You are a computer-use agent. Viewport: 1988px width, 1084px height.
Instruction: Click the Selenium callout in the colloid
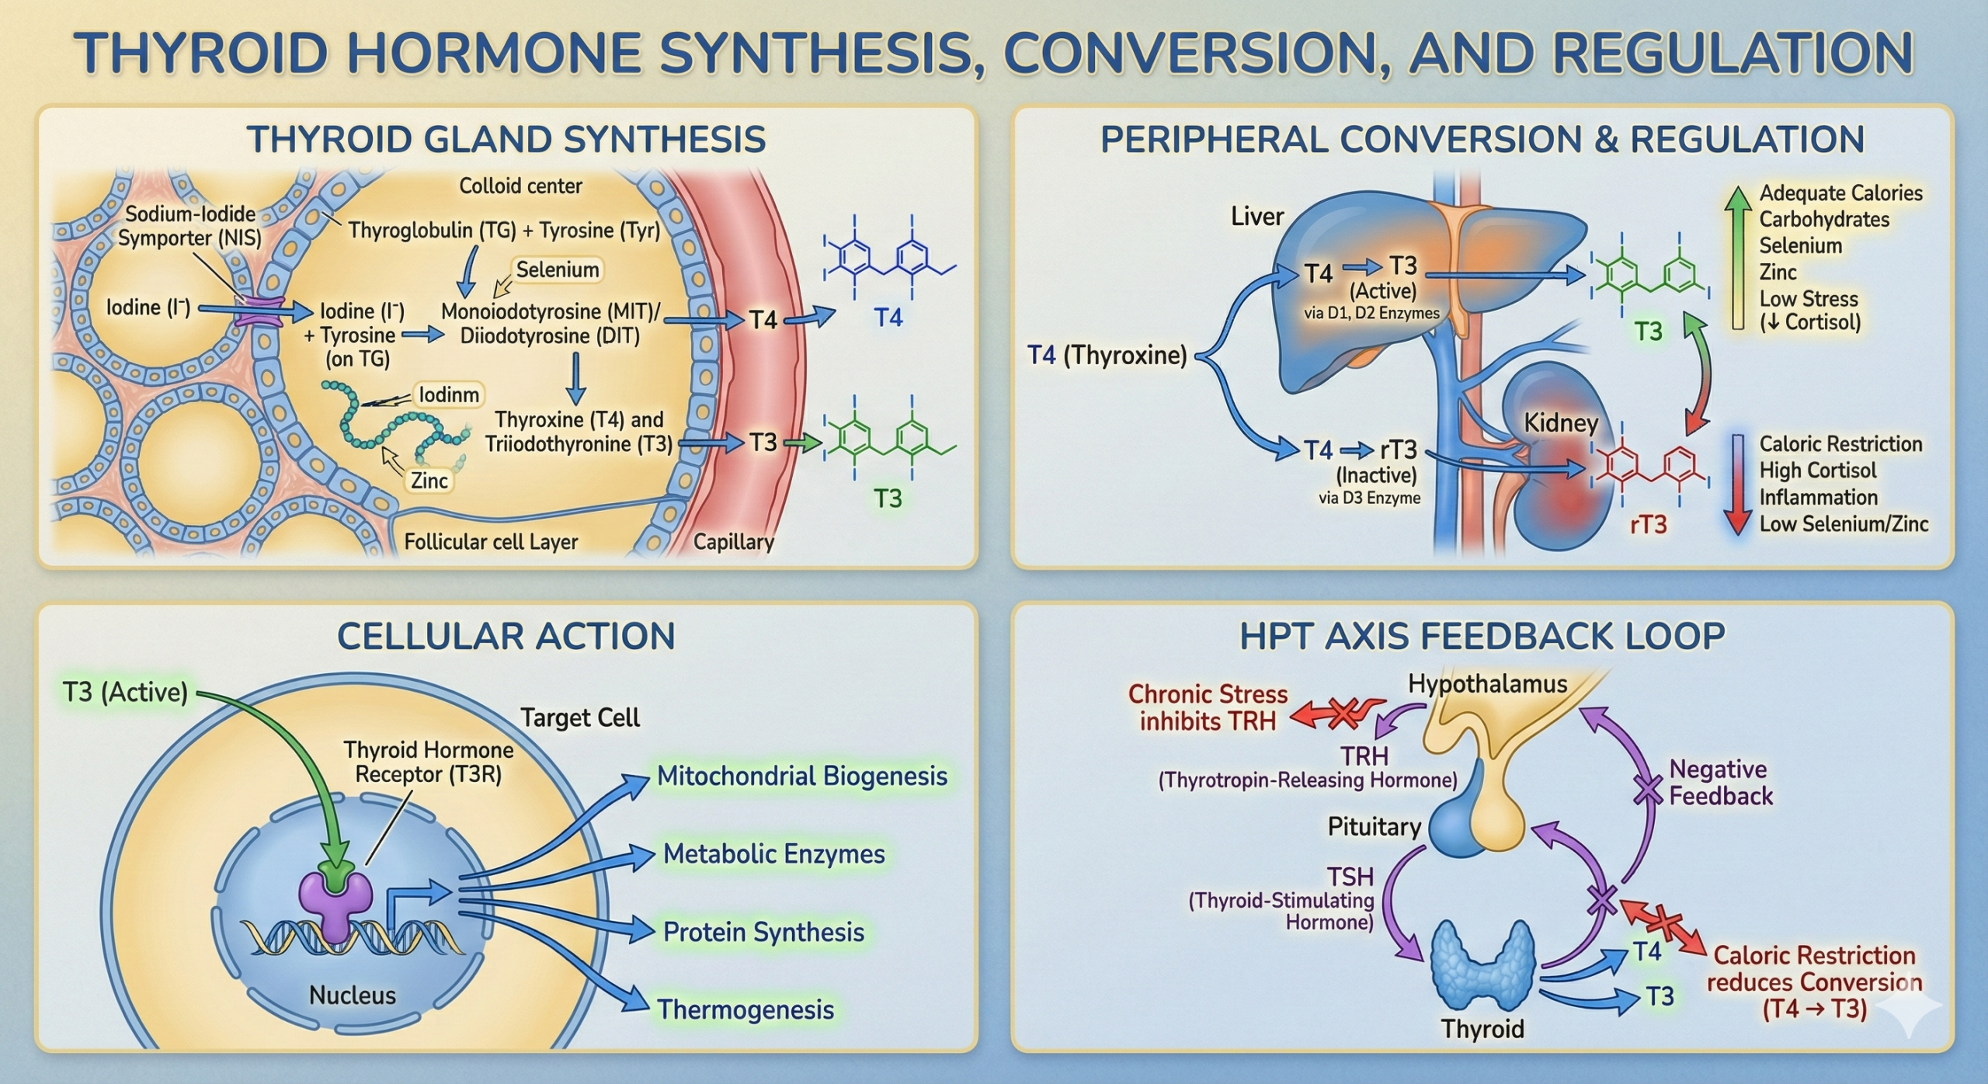pos(558,270)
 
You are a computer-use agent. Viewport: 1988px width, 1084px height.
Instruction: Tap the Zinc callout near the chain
pos(429,481)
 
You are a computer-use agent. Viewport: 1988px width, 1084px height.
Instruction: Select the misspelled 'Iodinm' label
pos(449,395)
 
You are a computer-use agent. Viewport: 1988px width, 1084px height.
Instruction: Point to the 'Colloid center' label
pos(520,186)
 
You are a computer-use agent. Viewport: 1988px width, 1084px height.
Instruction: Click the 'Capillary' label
pos(733,542)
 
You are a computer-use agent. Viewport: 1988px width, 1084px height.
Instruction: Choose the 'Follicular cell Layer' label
pos(491,542)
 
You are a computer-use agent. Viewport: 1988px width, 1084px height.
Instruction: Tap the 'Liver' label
pos(1257,217)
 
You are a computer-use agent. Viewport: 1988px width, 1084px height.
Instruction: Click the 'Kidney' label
pos(1561,423)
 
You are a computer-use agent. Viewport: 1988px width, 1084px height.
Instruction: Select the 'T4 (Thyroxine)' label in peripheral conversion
pos(1107,356)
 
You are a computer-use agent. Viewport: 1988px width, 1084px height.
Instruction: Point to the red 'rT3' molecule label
pos(1648,525)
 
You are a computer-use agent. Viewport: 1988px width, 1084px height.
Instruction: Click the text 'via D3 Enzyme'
pos(1369,499)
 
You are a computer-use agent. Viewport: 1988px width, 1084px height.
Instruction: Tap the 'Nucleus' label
pos(353,995)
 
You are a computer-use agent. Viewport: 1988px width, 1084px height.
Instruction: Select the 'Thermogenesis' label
pos(745,1009)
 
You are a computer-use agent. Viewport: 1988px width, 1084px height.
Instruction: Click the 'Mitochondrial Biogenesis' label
pos(802,777)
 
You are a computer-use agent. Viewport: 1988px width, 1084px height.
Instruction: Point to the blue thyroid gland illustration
pos(1483,967)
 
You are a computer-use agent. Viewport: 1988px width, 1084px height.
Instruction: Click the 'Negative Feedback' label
pos(1721,783)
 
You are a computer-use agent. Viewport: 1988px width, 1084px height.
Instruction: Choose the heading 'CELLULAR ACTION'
pos(506,637)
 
